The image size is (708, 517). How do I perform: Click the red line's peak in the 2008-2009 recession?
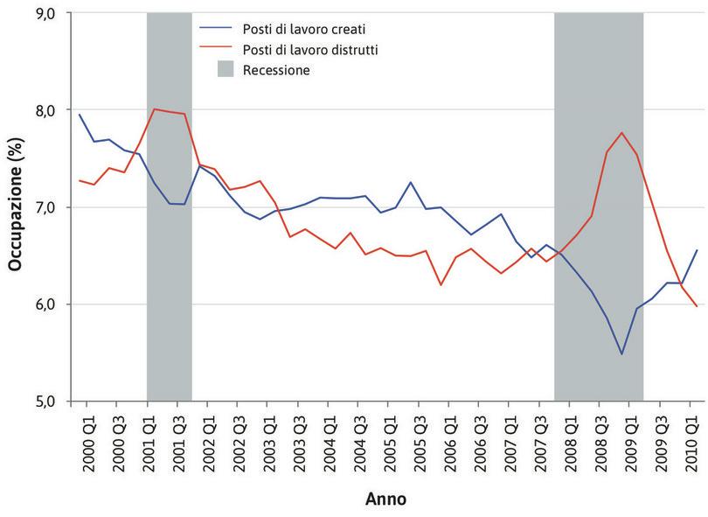(x=621, y=132)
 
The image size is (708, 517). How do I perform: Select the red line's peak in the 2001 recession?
(x=154, y=109)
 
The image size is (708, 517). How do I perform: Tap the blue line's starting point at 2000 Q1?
(x=80, y=115)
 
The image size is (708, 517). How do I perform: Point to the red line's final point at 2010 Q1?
(x=697, y=306)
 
